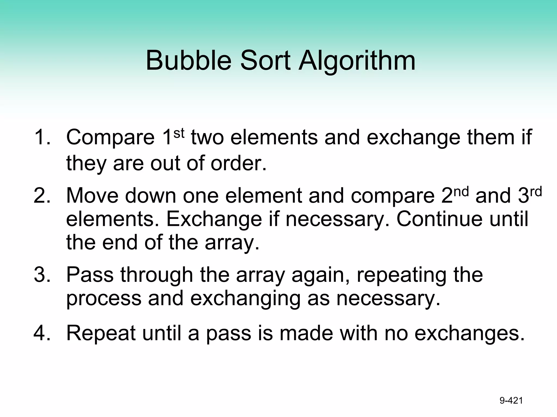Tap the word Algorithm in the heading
click(357, 61)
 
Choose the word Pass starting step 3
click(90, 274)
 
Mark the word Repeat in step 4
click(101, 333)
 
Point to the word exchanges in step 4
click(469, 333)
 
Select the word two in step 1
click(207, 137)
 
